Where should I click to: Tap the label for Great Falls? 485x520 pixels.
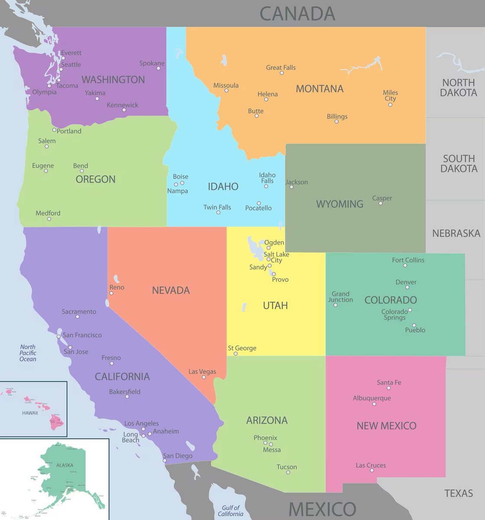tap(281, 68)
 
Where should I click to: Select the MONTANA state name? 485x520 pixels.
tap(320, 89)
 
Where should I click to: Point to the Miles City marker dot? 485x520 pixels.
tap(390, 104)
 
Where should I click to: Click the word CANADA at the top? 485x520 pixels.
tap(297, 13)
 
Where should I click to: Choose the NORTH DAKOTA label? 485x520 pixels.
tap(459, 88)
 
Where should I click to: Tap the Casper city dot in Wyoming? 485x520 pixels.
tap(381, 203)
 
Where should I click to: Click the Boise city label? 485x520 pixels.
tap(181, 176)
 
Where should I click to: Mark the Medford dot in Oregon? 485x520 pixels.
tap(49, 219)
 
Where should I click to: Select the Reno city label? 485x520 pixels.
tap(117, 287)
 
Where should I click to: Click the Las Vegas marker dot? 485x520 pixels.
tap(204, 377)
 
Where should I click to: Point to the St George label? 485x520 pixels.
tap(242, 348)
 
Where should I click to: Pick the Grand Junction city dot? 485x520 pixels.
tap(336, 305)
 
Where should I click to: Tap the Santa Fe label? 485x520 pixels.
tap(389, 382)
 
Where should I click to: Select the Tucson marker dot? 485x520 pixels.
tap(288, 472)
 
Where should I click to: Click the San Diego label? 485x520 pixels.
tap(178, 456)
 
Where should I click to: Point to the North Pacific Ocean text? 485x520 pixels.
tap(28, 353)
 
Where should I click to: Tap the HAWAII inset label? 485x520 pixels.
tap(30, 413)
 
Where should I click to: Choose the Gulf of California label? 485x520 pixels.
tap(230, 510)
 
